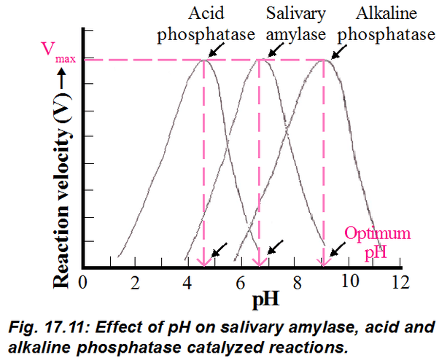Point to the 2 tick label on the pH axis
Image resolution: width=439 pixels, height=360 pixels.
[136, 282]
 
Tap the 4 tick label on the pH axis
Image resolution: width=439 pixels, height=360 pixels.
[187, 282]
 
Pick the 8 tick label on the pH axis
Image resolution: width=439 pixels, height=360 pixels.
[295, 282]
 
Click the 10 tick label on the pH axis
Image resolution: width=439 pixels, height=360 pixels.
[348, 282]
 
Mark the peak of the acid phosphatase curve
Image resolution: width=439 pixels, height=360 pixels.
[203, 59]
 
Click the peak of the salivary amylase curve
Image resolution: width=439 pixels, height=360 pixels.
[259, 59]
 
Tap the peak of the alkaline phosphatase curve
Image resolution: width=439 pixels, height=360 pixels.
[325, 59]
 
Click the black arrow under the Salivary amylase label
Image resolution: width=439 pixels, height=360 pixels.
[273, 49]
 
